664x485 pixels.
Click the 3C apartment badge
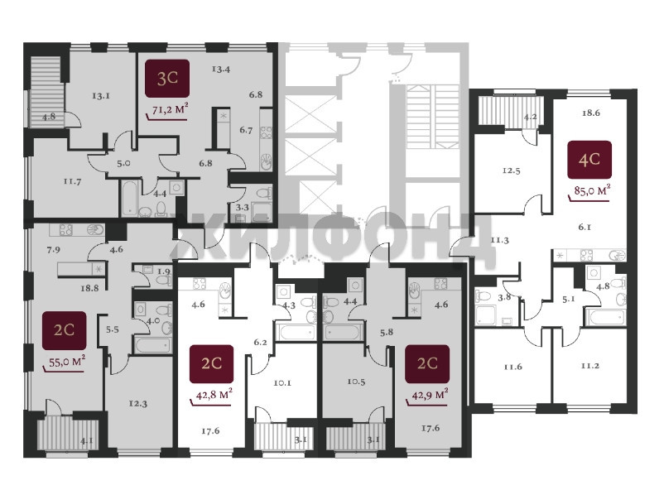click(x=167, y=79)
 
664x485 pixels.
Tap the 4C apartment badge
click(x=589, y=160)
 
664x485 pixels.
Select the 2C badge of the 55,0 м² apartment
click(x=64, y=330)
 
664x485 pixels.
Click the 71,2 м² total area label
click(x=170, y=109)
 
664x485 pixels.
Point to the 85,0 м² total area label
click(x=592, y=191)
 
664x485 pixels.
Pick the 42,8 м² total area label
click(x=214, y=396)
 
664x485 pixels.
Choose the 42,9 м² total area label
click(x=430, y=396)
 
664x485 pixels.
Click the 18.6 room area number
click(x=590, y=113)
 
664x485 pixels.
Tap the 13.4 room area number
click(x=220, y=69)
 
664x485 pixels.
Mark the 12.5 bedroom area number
click(x=511, y=171)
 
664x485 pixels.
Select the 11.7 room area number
click(x=72, y=181)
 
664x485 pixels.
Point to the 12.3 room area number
click(x=138, y=404)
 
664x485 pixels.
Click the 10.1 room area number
click(x=282, y=383)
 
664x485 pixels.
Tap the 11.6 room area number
click(x=512, y=367)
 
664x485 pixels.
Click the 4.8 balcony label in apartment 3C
click(x=49, y=116)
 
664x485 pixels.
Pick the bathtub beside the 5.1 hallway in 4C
click(x=604, y=318)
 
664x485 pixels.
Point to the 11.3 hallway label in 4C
click(x=500, y=240)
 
